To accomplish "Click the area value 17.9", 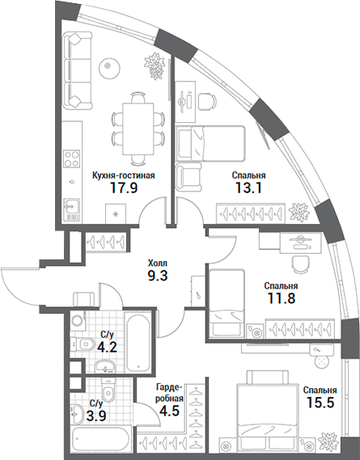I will pos(123,189).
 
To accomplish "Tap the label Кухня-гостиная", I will pos(123,174).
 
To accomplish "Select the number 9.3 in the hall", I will pos(158,276).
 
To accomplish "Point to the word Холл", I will pos(158,262).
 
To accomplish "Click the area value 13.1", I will pos(248,189).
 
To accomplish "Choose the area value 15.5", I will pos(320,402).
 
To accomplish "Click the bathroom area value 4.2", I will pos(106,348).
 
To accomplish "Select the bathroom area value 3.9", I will pos(95,417).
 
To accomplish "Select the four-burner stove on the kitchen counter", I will pos(72,159).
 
